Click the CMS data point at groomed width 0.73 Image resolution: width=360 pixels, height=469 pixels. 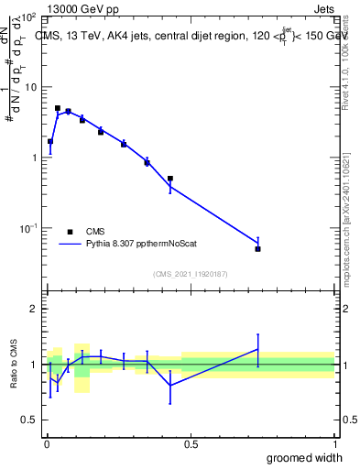point(258,249)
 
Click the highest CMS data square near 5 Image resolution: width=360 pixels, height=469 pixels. point(58,108)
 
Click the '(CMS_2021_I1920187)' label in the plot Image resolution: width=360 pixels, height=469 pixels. point(191,273)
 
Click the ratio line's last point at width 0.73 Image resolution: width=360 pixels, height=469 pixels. point(258,348)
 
